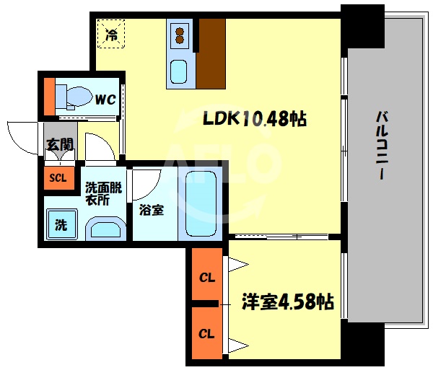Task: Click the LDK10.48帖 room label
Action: pos(255,119)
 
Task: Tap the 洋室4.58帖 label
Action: pos(287,301)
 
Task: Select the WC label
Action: pos(105,100)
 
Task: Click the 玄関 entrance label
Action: pos(58,145)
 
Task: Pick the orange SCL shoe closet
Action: pos(57,178)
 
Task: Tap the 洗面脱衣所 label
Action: pos(104,193)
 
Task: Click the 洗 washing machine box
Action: pos(61,224)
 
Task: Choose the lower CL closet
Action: pos(206,334)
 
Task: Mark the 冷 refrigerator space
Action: pos(112,33)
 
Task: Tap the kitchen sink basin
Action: pos(179,72)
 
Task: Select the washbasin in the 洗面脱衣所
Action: pos(105,230)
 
